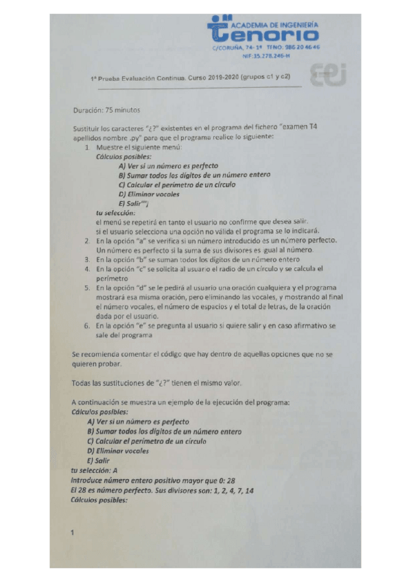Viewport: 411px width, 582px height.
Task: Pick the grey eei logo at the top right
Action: [x=331, y=73]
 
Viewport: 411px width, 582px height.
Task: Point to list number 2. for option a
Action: [x=87, y=241]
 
